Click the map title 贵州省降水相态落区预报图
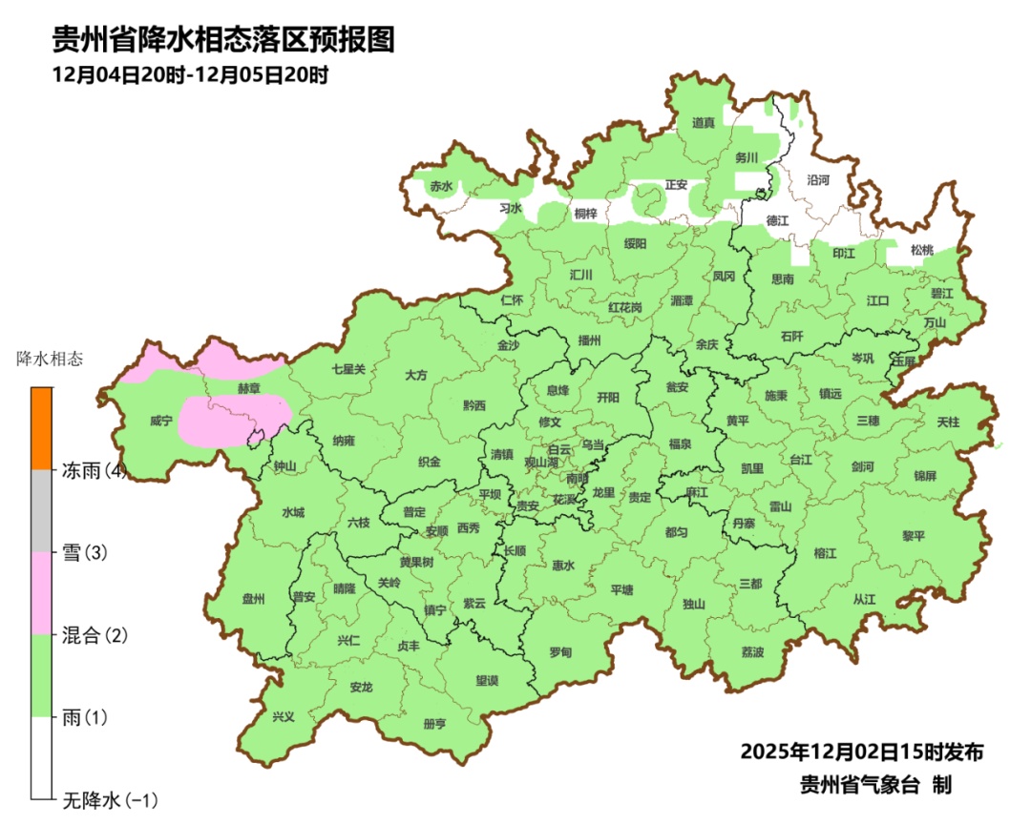(223, 40)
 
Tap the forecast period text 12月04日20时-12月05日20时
(191, 74)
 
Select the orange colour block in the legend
(41, 428)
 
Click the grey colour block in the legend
(41, 511)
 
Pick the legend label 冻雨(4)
(95, 470)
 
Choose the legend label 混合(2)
(95, 635)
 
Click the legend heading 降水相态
(50, 360)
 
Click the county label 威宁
(161, 421)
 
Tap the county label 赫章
(248, 389)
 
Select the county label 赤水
(440, 186)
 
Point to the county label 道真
(704, 123)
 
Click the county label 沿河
(818, 179)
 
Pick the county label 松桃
(921, 250)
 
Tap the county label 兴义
(284, 716)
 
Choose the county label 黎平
(914, 536)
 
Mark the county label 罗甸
(560, 652)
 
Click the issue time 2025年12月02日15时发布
(861, 752)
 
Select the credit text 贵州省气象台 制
(875, 784)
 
